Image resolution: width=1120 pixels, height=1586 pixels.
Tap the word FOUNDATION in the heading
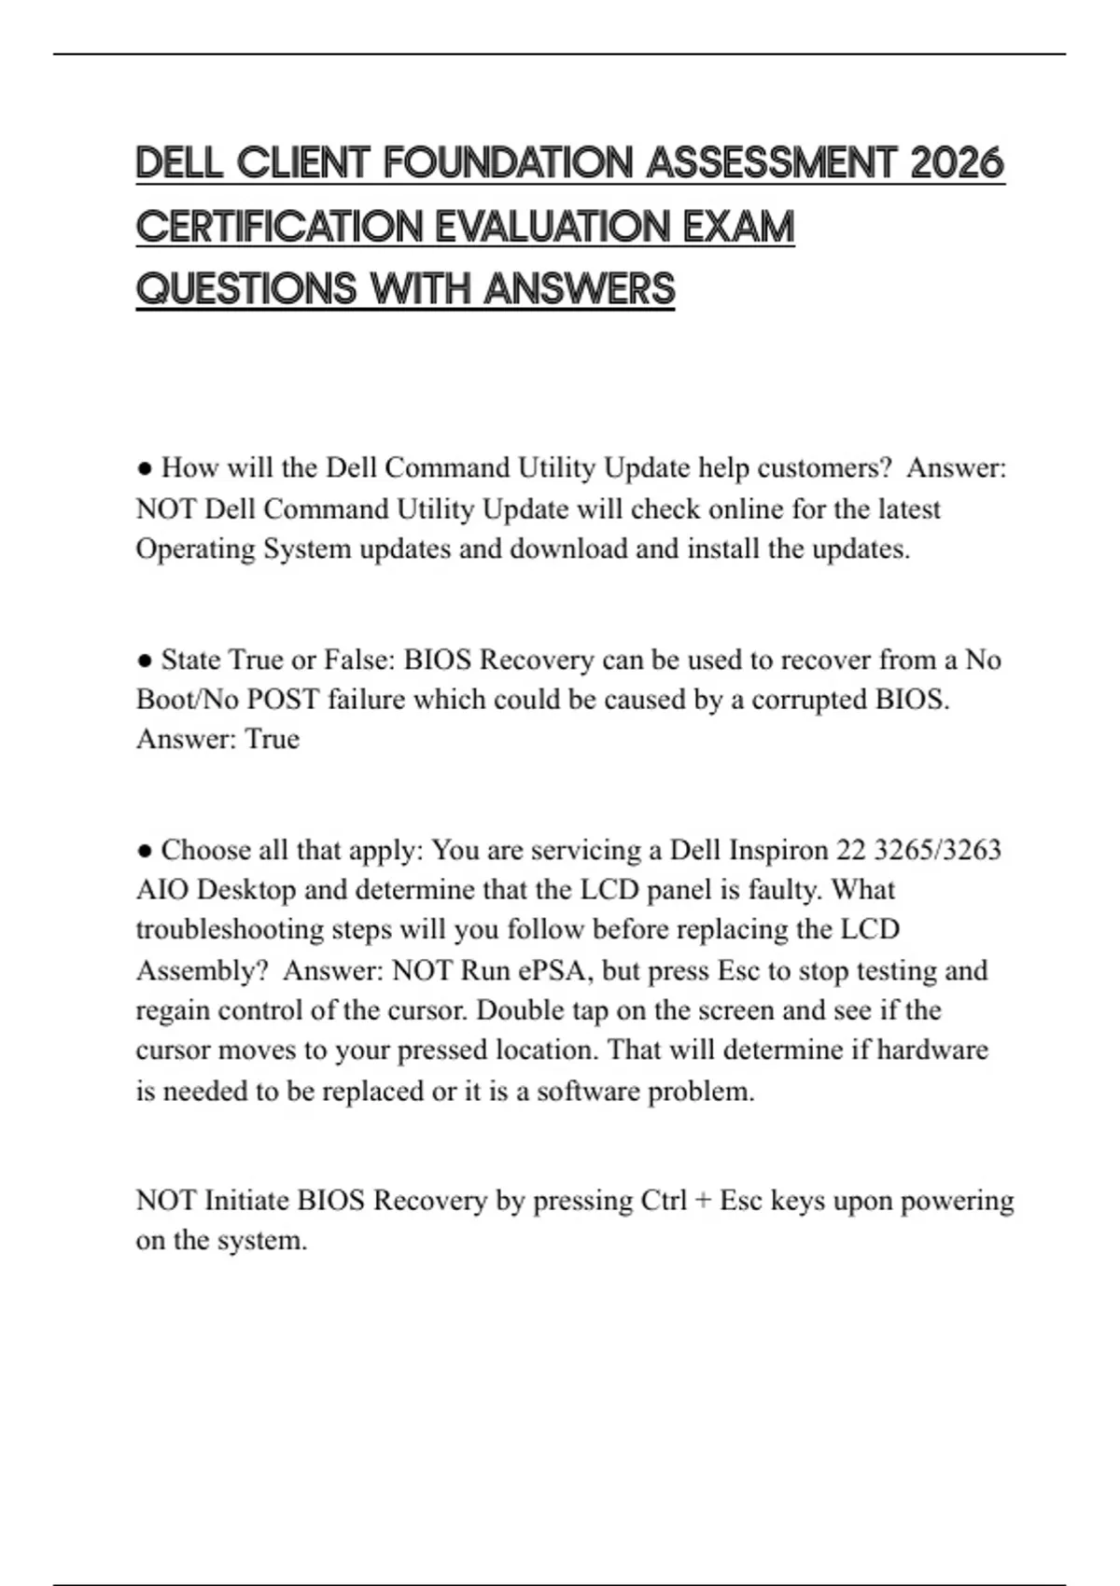click(509, 163)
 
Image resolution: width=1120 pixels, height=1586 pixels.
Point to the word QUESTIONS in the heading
click(246, 289)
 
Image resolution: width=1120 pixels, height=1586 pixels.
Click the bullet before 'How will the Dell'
click(145, 467)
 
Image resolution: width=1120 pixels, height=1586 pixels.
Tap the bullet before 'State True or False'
click(145, 661)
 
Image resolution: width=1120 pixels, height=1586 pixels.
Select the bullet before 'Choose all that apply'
click(145, 851)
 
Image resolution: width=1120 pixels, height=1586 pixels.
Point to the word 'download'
click(568, 549)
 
